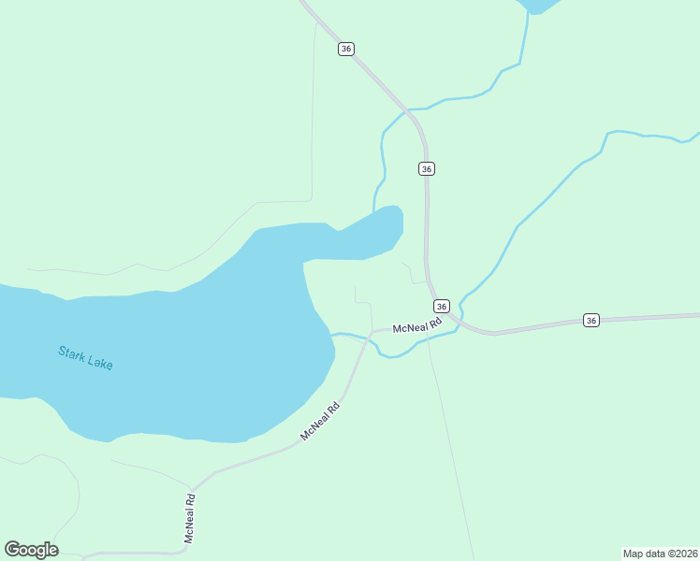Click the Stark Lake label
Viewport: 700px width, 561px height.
point(85,358)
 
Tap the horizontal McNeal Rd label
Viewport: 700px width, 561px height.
point(416,327)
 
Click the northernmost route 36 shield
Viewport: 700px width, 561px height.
point(346,49)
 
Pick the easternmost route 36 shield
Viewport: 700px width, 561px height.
point(591,320)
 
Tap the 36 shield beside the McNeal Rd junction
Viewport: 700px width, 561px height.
point(442,307)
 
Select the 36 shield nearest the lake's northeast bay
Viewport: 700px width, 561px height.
point(427,168)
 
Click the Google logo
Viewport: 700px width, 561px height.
point(31,550)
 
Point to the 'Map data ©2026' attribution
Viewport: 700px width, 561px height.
point(660,553)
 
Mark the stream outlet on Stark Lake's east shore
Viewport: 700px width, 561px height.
point(332,334)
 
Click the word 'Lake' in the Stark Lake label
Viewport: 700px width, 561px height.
point(99,362)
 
